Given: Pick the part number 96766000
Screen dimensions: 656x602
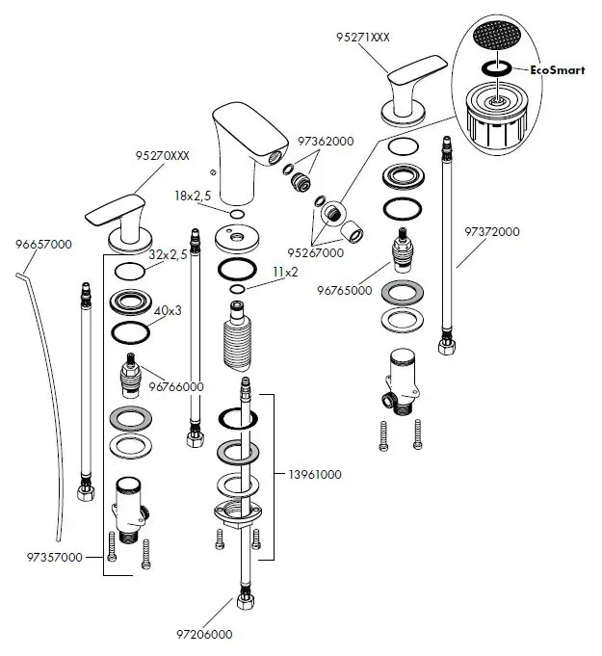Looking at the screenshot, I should [174, 386].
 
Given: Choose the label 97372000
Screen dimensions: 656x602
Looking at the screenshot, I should [492, 232].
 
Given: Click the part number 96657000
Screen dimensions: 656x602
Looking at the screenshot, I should [43, 245].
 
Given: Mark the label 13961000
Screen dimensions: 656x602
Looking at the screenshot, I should [315, 475].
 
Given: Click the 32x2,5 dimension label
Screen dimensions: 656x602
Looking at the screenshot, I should [167, 255].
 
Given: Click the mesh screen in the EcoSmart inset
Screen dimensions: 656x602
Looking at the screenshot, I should [498, 41].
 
